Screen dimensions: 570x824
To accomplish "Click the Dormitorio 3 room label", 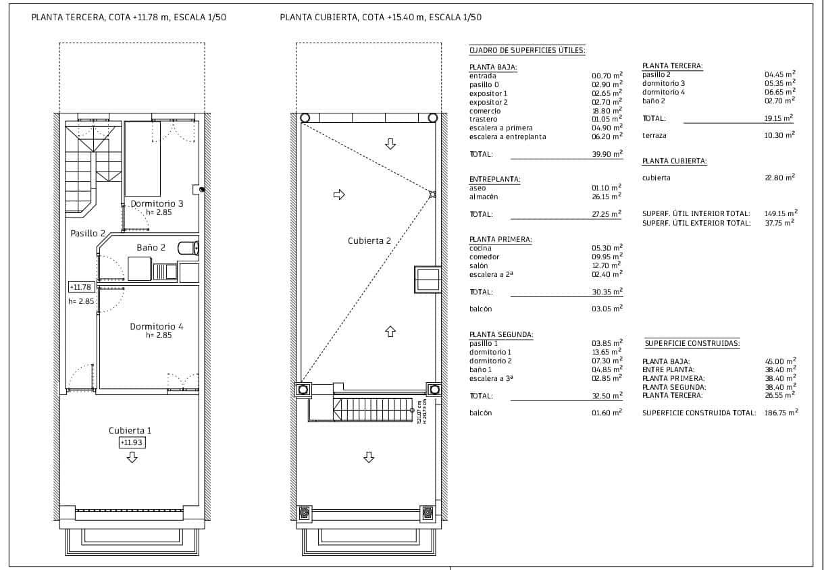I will click(x=157, y=203).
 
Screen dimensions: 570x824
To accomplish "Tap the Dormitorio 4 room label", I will click(x=157, y=326).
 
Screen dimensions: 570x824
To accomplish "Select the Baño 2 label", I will click(x=151, y=247).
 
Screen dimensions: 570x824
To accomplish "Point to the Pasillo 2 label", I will click(x=88, y=233).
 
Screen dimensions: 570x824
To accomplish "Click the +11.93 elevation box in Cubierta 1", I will click(x=132, y=442).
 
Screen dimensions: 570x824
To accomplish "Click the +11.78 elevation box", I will click(x=78, y=287).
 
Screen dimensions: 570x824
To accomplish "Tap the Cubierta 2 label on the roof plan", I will click(x=369, y=240).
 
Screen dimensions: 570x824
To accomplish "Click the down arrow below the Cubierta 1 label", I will click(x=132, y=458).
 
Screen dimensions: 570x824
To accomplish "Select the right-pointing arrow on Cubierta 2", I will click(x=339, y=195).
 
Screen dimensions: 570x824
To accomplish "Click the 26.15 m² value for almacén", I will click(x=607, y=197).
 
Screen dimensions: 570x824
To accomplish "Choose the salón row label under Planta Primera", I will click(x=478, y=265).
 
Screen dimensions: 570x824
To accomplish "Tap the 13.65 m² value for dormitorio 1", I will click(x=607, y=352).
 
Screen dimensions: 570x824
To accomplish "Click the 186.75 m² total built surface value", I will click(x=781, y=412).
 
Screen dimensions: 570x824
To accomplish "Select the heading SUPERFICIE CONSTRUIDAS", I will click(x=692, y=343).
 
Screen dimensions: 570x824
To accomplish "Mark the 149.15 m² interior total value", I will click(x=781, y=213).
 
